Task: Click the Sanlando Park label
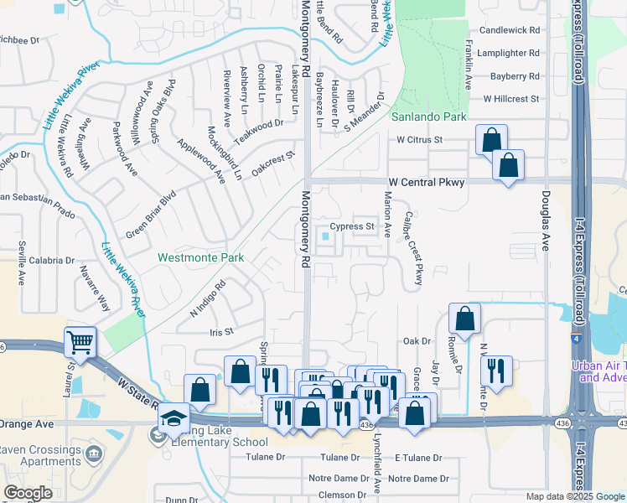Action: pyautogui.click(x=430, y=117)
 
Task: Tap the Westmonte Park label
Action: pyautogui.click(x=201, y=257)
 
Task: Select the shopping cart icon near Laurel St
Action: pyautogui.click(x=80, y=341)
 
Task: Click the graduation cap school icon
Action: pyautogui.click(x=173, y=418)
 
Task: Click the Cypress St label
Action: pyautogui.click(x=350, y=226)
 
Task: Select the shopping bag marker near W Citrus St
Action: pyautogui.click(x=491, y=140)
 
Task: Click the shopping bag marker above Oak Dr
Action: pyautogui.click(x=464, y=319)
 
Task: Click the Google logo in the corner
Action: pyautogui.click(x=28, y=493)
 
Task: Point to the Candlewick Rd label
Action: pyautogui.click(x=510, y=29)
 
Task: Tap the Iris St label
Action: pyautogui.click(x=221, y=332)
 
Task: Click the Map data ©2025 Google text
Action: pyautogui.click(x=574, y=496)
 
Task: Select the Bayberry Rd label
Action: pyautogui.click(x=516, y=75)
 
